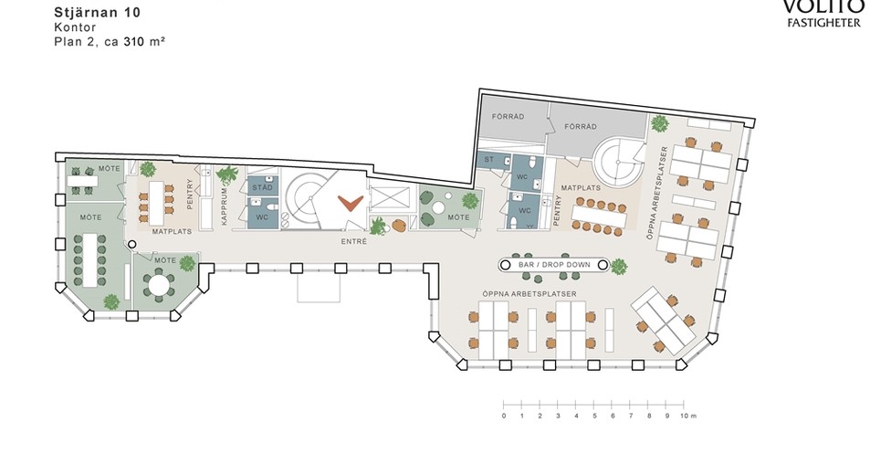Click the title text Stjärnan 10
(97, 13)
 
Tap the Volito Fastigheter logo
(823, 14)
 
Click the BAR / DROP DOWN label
(554, 265)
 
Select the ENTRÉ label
(354, 241)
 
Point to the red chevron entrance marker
(350, 203)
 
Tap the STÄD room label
(263, 187)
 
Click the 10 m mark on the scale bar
(687, 416)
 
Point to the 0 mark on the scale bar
(503, 416)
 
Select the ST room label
(488, 160)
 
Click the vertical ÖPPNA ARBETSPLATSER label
(657, 193)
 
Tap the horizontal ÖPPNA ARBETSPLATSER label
(529, 294)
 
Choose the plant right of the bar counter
(618, 266)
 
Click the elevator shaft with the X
(389, 199)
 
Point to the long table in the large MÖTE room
(90, 259)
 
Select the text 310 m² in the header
(144, 41)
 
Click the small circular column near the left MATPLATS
(131, 245)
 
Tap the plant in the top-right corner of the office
(660, 123)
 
